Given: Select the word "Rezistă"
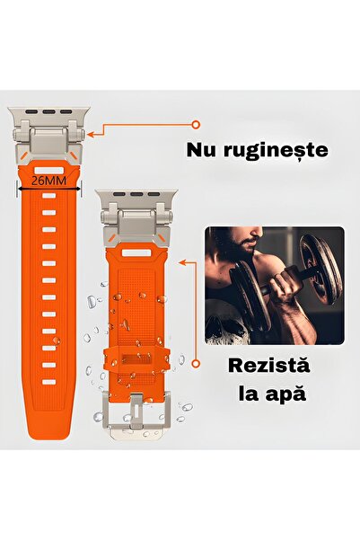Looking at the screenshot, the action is coord(268,366).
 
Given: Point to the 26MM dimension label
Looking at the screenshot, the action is coord(48,181).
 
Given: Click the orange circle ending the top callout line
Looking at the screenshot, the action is coord(196,125).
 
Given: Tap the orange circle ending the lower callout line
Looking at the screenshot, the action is coord(196,363).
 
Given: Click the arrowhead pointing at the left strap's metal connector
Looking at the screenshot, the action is coord(91,134).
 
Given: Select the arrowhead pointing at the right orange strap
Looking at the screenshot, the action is coord(182,262).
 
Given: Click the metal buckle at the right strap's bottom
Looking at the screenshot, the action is coord(136,414).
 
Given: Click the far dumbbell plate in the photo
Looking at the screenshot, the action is coord(320,270).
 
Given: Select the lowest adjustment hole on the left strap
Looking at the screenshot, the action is coord(48,382).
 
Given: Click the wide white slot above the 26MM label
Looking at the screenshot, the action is coord(48,171).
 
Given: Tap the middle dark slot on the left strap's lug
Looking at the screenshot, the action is coord(48,112).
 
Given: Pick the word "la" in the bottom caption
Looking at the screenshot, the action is coord(248,394).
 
